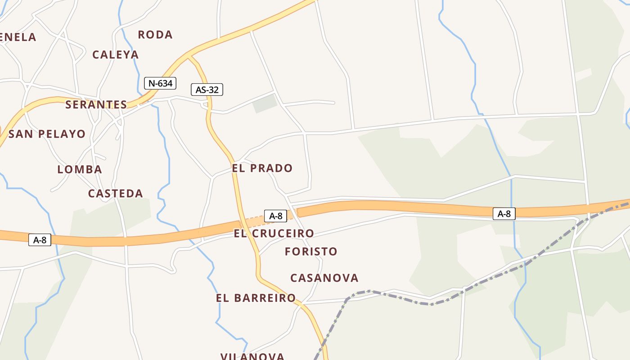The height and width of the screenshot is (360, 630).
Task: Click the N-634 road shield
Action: click(x=160, y=83)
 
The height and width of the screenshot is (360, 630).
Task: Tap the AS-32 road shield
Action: click(x=207, y=90)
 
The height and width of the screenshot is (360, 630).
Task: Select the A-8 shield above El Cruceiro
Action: click(x=275, y=216)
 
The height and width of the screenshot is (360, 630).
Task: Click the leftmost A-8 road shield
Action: click(x=40, y=240)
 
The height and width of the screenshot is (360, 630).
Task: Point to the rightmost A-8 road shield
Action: click(x=504, y=214)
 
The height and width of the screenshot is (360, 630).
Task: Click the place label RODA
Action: click(x=155, y=35)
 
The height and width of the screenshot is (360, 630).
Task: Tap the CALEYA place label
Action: click(x=116, y=55)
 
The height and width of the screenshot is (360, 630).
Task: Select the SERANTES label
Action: click(x=96, y=105)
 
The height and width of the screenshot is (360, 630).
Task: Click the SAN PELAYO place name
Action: click(x=47, y=134)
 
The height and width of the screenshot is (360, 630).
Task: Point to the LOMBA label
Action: click(x=80, y=170)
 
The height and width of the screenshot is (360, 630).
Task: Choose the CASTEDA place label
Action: click(x=116, y=193)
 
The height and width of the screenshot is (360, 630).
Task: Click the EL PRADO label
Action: click(x=262, y=168)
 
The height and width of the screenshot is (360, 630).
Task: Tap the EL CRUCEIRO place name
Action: click(x=274, y=234)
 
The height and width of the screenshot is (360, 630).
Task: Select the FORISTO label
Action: click(x=311, y=252)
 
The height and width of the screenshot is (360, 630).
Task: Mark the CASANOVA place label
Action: click(x=324, y=278)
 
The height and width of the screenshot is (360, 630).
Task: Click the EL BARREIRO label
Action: click(x=256, y=298)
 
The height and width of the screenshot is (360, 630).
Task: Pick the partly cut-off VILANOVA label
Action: click(x=252, y=356)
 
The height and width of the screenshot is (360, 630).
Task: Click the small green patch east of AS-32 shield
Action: click(x=265, y=103)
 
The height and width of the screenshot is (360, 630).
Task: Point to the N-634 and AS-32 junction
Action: click(x=189, y=57)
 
